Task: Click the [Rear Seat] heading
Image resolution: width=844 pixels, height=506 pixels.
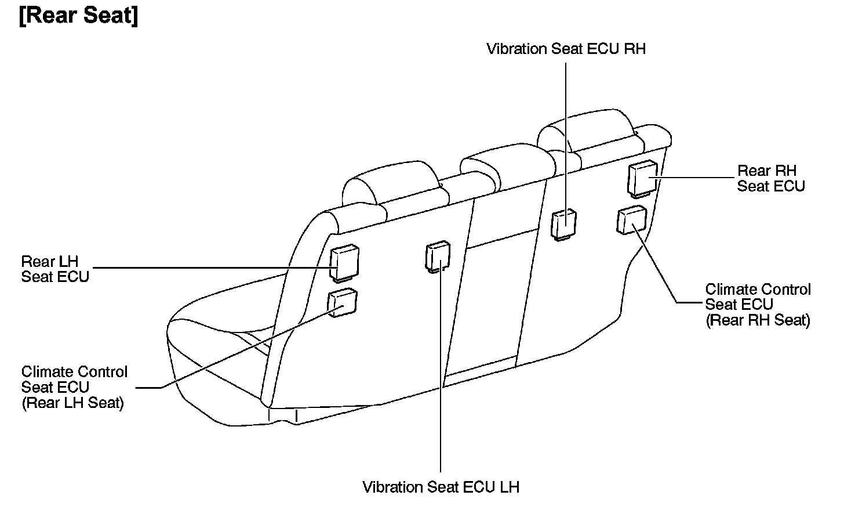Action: pos(79,16)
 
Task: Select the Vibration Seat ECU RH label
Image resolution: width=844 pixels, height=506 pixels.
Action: pos(566,49)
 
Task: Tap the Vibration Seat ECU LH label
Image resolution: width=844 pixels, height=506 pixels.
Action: pos(441,486)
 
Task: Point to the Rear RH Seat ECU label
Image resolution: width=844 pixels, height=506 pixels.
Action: pos(770,178)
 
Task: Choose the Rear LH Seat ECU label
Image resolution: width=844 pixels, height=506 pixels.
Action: pos(55,269)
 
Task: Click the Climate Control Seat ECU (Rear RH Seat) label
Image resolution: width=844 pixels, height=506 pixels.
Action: pos(757,305)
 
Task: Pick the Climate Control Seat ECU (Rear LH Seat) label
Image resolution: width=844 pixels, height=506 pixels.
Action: pos(74,387)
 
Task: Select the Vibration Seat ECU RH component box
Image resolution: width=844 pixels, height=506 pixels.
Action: pos(563,223)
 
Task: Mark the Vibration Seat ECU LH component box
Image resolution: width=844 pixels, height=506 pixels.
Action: pos(438,256)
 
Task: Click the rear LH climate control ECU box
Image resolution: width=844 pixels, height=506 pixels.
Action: pos(343,302)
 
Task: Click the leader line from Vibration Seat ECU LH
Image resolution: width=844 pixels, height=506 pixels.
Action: pos(441,377)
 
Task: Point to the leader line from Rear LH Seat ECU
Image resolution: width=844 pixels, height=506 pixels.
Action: pos(214,268)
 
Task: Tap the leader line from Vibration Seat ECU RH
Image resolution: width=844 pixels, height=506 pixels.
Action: pos(566,133)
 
